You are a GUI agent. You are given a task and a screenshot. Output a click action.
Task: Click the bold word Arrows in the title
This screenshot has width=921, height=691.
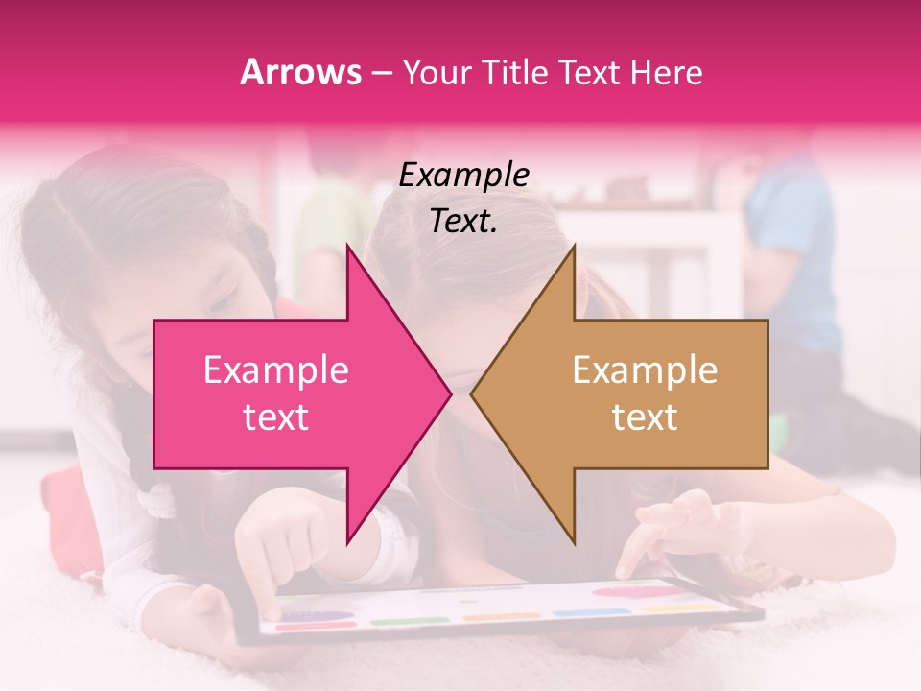click(x=301, y=73)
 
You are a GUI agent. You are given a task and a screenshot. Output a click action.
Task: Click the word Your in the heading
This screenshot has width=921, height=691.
click(x=437, y=73)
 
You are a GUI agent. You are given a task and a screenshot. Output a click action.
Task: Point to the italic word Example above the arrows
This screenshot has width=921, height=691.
click(x=463, y=176)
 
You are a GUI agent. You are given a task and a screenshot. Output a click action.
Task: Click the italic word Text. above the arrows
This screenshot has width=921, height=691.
click(x=463, y=222)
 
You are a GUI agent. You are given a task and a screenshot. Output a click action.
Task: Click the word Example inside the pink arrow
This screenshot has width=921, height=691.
click(x=275, y=370)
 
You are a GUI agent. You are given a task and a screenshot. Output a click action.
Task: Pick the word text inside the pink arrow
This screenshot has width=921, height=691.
click(x=275, y=417)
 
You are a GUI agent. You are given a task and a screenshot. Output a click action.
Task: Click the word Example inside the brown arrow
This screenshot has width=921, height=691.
click(x=645, y=370)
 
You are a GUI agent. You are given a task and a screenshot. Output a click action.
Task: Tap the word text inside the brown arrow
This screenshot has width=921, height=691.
click(x=645, y=417)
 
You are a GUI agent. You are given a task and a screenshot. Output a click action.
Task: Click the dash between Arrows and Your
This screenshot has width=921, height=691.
click(x=381, y=73)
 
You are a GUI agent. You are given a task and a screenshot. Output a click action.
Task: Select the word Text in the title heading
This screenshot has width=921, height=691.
click(x=589, y=73)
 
